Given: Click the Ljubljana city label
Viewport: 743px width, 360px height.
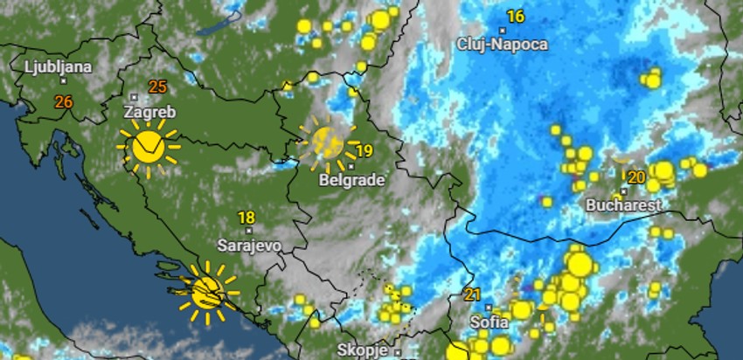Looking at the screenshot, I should (x=59, y=66).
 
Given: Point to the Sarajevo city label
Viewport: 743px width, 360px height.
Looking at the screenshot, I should (x=249, y=246).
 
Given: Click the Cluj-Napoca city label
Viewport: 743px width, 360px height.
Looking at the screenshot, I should (x=503, y=44).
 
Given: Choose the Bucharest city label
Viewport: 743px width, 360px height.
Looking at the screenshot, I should (x=624, y=206).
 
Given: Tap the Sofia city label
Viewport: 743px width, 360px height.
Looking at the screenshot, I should (x=490, y=322).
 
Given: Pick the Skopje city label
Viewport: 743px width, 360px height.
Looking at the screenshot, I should (x=362, y=350).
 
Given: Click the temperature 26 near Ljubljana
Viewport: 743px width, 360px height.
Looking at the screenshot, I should (x=64, y=102).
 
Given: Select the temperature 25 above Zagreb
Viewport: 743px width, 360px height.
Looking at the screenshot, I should (x=158, y=87).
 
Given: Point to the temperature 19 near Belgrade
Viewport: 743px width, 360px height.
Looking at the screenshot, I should (x=365, y=151).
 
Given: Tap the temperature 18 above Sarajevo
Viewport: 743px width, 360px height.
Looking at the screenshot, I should (x=247, y=218).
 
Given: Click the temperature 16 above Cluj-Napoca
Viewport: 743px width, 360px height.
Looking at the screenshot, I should (x=516, y=17).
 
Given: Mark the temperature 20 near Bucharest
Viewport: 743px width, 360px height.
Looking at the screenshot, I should (x=636, y=177).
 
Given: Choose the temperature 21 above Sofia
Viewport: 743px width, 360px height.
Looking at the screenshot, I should (x=473, y=294).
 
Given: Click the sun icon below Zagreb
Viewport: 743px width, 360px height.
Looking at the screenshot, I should (x=148, y=147).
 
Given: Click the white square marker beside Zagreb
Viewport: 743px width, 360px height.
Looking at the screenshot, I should (x=133, y=96).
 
